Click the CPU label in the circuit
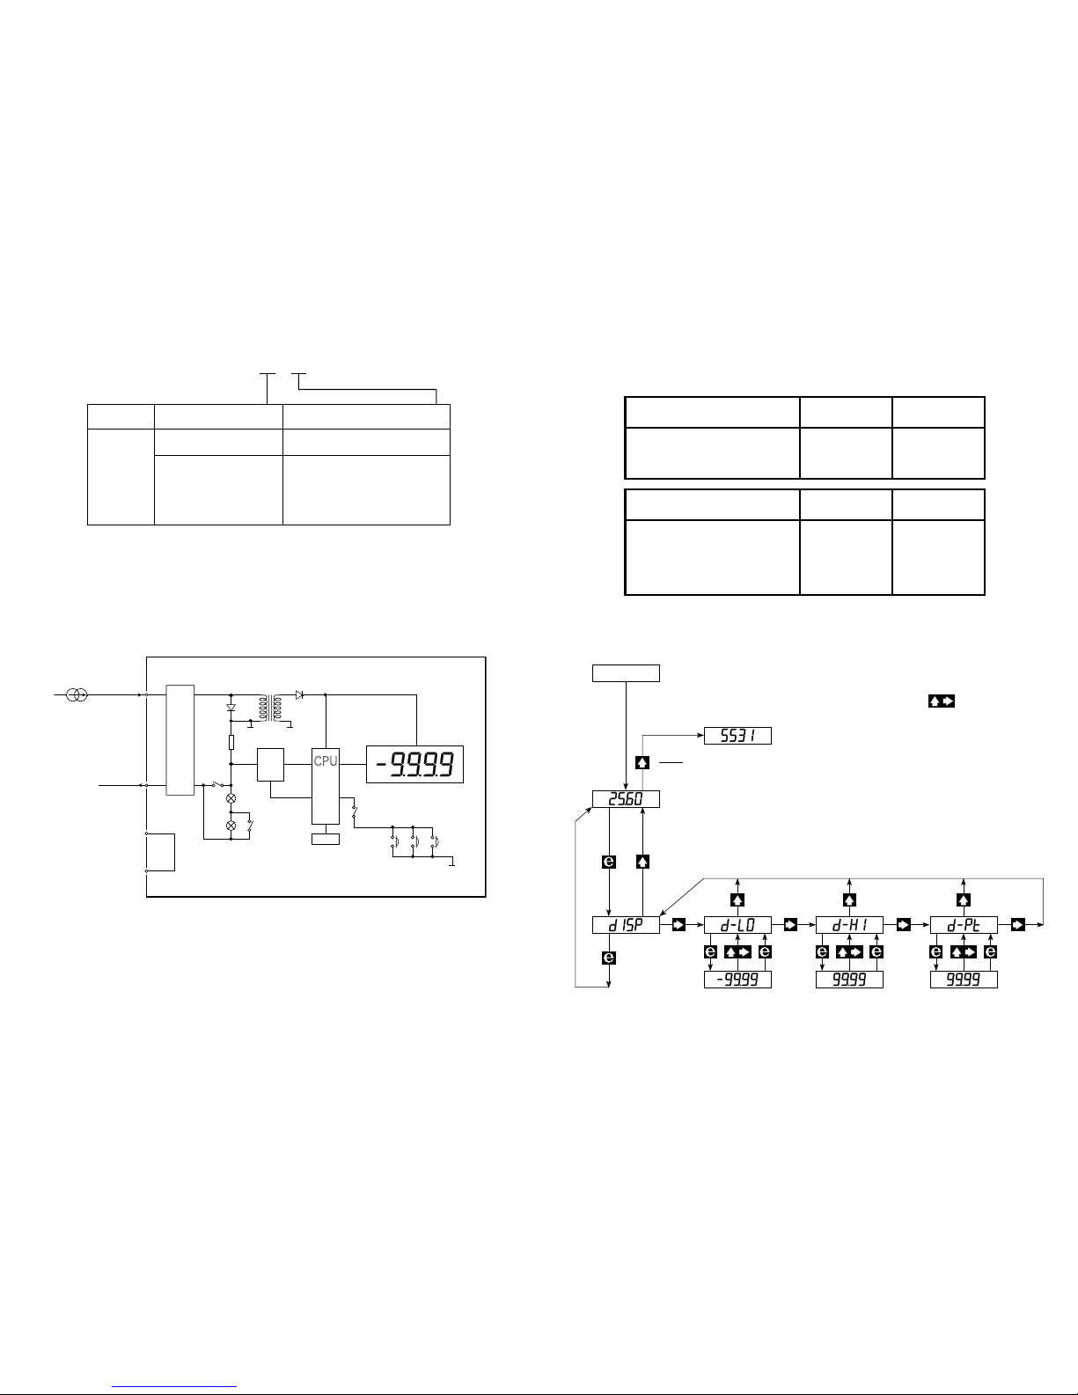[x=326, y=760]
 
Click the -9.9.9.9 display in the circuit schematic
[x=414, y=764]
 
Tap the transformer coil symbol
[x=270, y=708]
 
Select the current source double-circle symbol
[x=77, y=694]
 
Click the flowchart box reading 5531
[x=737, y=736]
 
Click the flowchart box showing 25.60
[x=626, y=799]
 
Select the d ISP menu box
[x=626, y=925]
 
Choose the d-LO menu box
[x=737, y=925]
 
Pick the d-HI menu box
[x=849, y=925]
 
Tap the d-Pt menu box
[x=964, y=925]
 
